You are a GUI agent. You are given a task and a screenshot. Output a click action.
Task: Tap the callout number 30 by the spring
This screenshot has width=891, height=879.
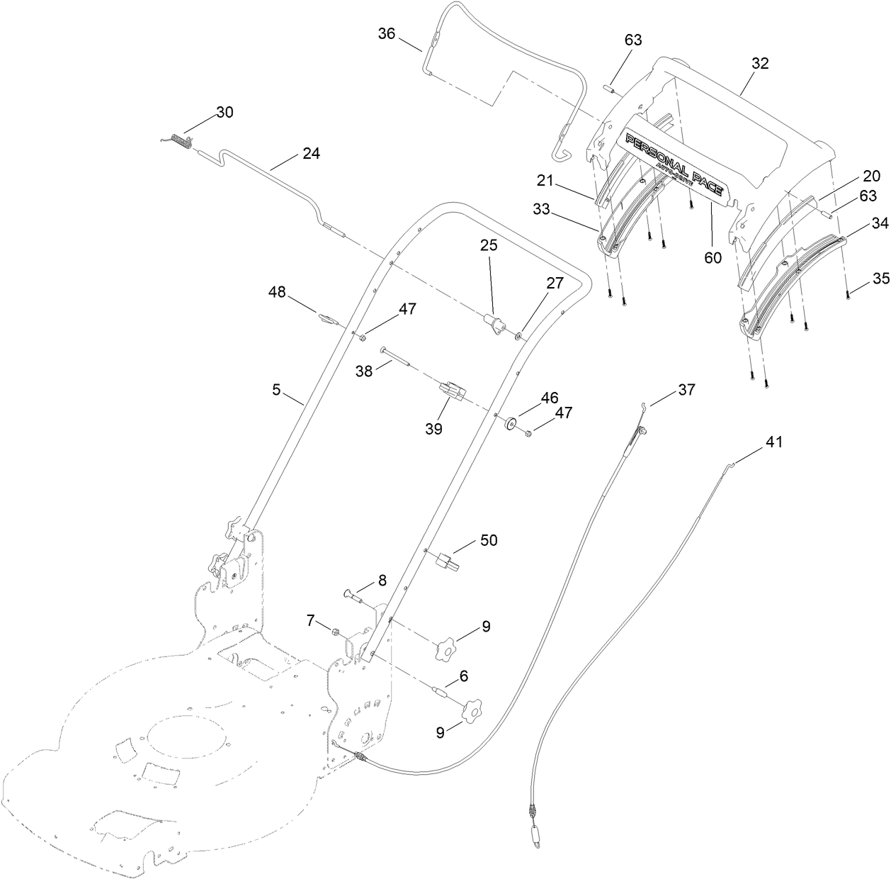tap(225, 112)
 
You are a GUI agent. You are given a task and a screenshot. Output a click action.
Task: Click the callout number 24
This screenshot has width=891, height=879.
tap(311, 152)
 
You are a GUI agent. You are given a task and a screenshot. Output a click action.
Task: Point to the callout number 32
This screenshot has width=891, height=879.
tap(759, 62)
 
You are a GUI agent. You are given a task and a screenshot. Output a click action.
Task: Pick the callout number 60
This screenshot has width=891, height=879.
tap(713, 257)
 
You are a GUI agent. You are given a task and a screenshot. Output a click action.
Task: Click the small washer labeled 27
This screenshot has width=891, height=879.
tap(520, 333)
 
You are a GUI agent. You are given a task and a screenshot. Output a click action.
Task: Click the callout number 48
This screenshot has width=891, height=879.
tap(277, 292)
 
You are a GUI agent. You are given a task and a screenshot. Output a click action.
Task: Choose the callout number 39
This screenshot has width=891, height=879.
tap(433, 428)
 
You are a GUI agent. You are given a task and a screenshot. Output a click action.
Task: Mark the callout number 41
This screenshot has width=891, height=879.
tap(775, 442)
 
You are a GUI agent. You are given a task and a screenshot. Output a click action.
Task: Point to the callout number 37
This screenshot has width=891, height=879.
tap(686, 389)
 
